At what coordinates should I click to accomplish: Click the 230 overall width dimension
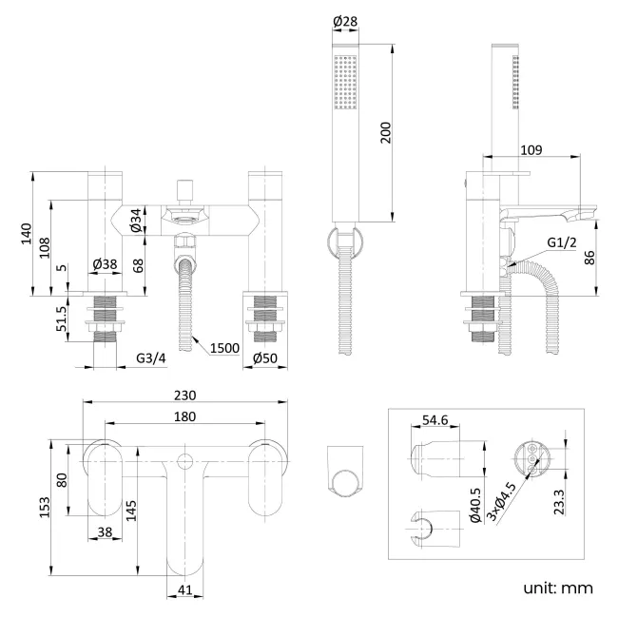point(184,396)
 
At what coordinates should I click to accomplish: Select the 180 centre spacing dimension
point(184,415)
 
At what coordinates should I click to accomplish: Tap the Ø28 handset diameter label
point(344,21)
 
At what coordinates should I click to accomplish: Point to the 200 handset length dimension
point(385,132)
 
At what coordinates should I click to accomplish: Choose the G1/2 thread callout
point(563,243)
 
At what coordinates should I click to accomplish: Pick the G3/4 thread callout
point(151,358)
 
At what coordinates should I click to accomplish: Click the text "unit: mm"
point(558,588)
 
